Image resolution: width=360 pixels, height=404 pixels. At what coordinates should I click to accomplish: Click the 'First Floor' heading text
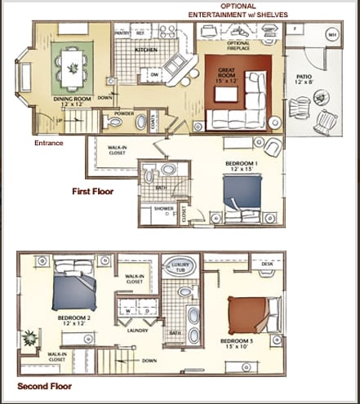(x=92, y=192)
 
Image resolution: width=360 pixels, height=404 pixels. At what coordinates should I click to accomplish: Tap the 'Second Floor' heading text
(x=44, y=386)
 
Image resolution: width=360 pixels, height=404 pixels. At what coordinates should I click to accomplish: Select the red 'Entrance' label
(x=48, y=143)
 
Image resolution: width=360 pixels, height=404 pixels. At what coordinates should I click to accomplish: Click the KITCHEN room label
(x=146, y=50)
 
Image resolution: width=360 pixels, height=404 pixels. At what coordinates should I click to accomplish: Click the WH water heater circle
(x=331, y=35)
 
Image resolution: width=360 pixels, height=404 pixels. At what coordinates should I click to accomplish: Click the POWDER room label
(x=125, y=113)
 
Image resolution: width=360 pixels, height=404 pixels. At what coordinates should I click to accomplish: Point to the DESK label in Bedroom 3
(x=267, y=264)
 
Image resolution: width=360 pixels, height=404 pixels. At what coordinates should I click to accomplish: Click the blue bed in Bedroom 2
(x=74, y=290)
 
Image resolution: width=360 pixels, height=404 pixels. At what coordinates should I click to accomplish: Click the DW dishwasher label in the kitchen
(x=153, y=74)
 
